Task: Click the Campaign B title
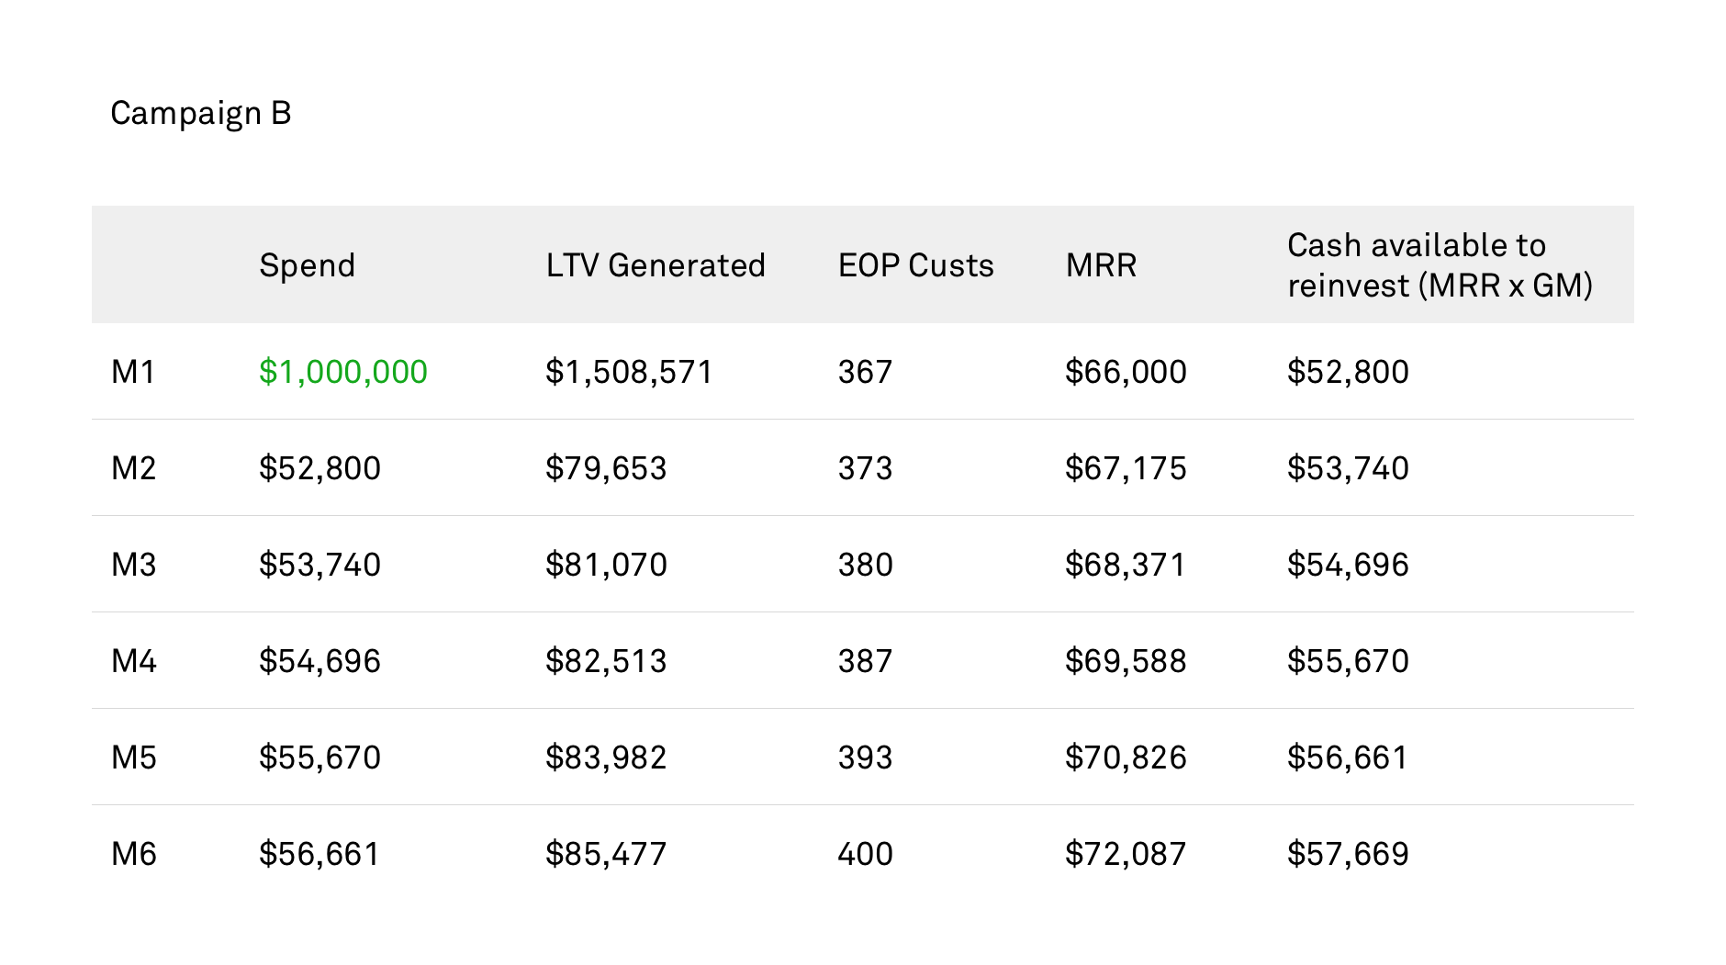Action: [x=201, y=114]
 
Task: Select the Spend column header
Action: [x=307, y=266]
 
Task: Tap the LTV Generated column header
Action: [x=656, y=265]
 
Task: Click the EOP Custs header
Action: [x=915, y=265]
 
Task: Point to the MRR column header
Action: [x=1101, y=265]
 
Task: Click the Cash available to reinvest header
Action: [x=1440, y=265]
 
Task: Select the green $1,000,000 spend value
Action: [x=342, y=372]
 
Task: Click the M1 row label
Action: [x=133, y=372]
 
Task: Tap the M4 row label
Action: [x=133, y=661]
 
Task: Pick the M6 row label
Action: [x=133, y=854]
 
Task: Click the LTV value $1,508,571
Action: [x=629, y=372]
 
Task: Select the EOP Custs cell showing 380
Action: [x=865, y=565]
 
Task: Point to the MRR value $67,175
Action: [x=1126, y=468]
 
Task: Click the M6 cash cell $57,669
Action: [x=1348, y=854]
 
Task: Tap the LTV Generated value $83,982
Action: [x=606, y=757]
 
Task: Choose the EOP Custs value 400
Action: [x=865, y=854]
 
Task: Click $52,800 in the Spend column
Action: [x=319, y=468]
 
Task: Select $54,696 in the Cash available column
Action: [x=1348, y=565]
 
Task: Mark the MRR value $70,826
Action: [x=1126, y=757]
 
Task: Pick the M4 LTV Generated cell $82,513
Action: [x=606, y=661]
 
